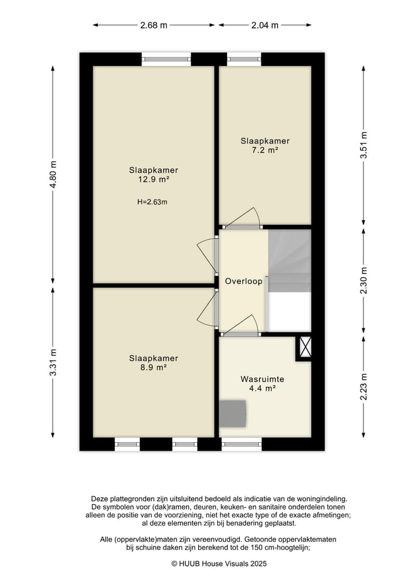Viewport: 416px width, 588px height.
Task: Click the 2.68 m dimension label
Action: click(x=154, y=25)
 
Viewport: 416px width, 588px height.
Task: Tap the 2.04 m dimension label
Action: click(x=265, y=25)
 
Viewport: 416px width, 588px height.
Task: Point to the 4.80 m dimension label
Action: click(x=53, y=175)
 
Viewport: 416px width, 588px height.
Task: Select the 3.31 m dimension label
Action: click(x=53, y=363)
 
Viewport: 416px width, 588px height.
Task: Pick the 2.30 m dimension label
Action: click(x=363, y=281)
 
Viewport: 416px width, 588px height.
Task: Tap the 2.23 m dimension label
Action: click(x=363, y=387)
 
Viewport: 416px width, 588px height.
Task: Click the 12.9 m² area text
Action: click(x=154, y=179)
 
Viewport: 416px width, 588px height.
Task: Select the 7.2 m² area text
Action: click(x=265, y=150)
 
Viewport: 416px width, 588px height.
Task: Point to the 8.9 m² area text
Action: click(x=154, y=368)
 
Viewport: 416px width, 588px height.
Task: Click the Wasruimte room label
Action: click(x=262, y=379)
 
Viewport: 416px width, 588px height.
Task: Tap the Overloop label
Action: click(x=244, y=281)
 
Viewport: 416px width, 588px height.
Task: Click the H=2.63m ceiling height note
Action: click(x=152, y=202)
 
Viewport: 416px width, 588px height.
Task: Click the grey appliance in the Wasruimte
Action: click(x=233, y=413)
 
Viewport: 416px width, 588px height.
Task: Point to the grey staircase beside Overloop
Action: click(x=289, y=261)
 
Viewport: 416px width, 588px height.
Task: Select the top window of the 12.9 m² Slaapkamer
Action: click(x=166, y=59)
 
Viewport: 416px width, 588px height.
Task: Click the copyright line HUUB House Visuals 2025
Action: click(x=219, y=563)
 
